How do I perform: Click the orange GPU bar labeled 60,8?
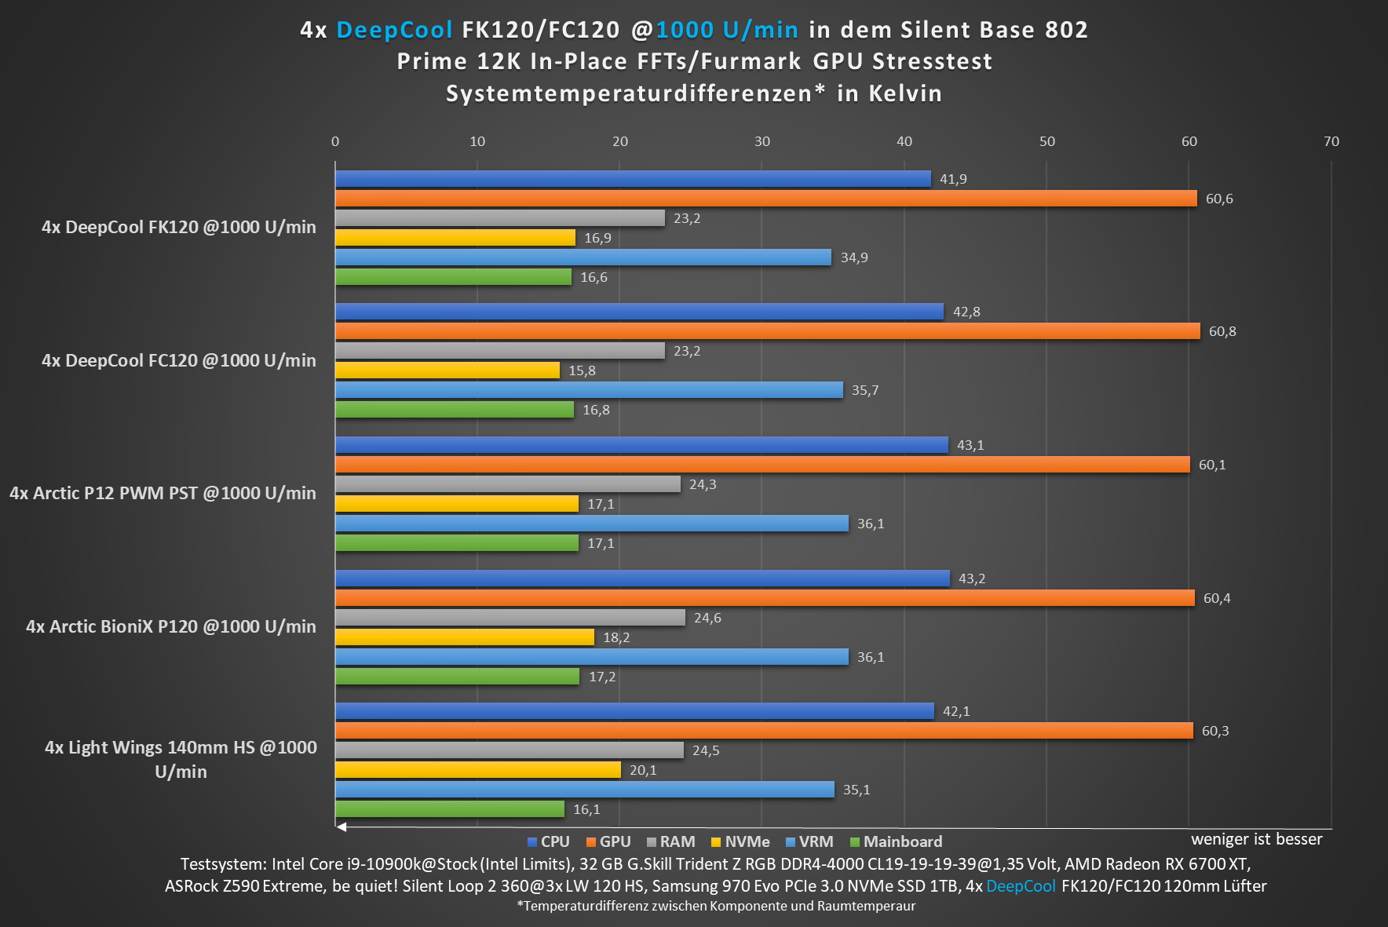pyautogui.click(x=768, y=331)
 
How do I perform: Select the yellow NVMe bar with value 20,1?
pyautogui.click(x=478, y=770)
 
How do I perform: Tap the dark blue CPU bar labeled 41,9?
pyautogui.click(x=633, y=179)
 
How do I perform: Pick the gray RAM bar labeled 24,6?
pyautogui.click(x=510, y=618)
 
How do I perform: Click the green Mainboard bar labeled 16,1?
pyautogui.click(x=450, y=809)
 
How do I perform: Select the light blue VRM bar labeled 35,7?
pyautogui.click(x=589, y=390)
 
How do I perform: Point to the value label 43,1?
pyautogui.click(x=970, y=445)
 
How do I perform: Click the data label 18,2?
pyautogui.click(x=616, y=637)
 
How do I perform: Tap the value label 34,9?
pyautogui.click(x=854, y=257)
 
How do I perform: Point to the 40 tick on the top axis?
pyautogui.click(x=904, y=141)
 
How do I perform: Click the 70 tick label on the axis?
pyautogui.click(x=1331, y=141)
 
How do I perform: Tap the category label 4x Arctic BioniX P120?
pyautogui.click(x=171, y=626)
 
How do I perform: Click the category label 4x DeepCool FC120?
pyautogui.click(x=179, y=360)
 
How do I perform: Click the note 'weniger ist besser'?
pyautogui.click(x=1256, y=839)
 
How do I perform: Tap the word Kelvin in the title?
pyautogui.click(x=905, y=93)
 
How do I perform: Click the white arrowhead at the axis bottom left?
pyautogui.click(x=341, y=827)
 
